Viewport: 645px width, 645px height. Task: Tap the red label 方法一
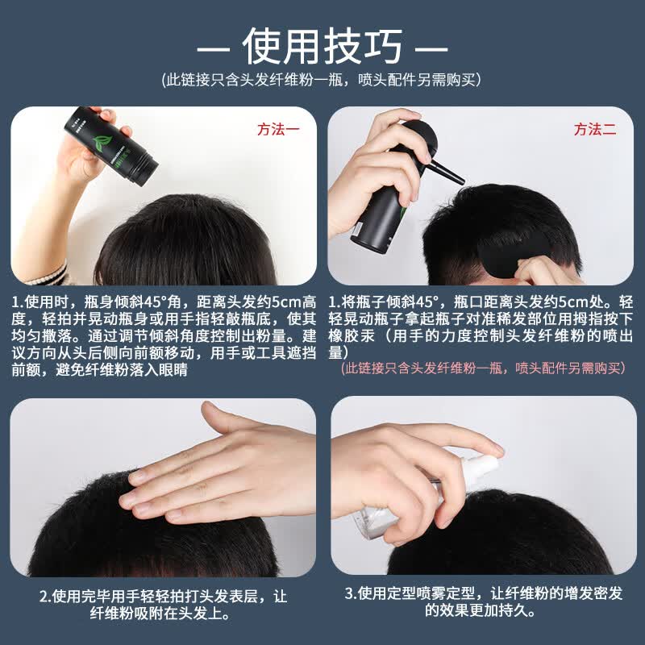[x=277, y=129]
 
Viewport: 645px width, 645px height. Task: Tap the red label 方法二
[x=594, y=129]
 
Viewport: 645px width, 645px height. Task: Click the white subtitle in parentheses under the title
[x=322, y=79]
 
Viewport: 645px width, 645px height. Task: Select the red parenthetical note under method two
[x=483, y=368]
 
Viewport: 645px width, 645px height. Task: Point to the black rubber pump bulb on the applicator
[x=424, y=137]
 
